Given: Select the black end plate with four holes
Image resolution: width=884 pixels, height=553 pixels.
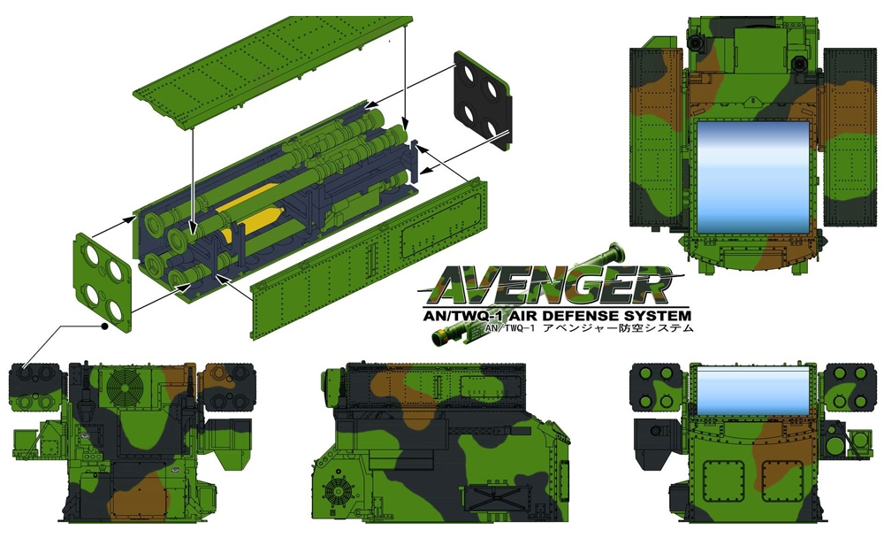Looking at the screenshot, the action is click(x=484, y=101).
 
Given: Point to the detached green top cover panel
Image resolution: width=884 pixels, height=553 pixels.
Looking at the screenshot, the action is click(x=273, y=71).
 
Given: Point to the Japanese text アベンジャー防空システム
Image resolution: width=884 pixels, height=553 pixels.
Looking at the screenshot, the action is click(x=617, y=328).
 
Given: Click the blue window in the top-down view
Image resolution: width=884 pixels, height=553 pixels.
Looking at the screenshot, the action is click(x=752, y=177).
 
